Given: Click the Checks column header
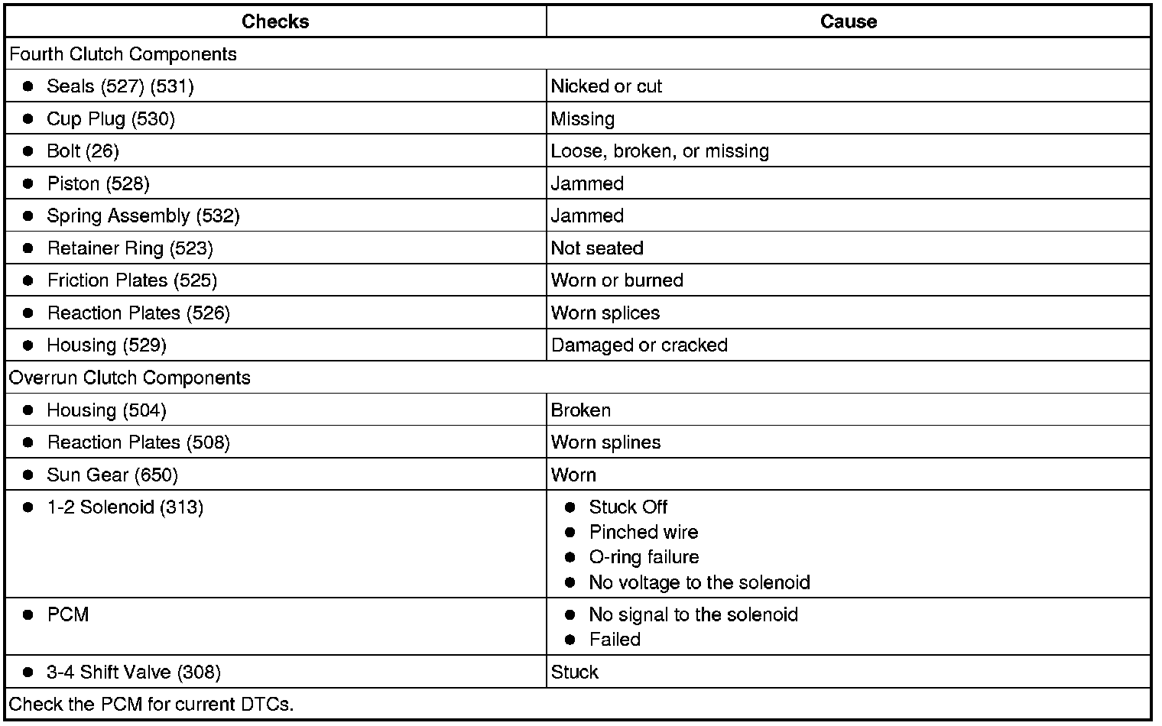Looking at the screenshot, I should (275, 21).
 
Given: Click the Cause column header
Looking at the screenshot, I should (848, 21).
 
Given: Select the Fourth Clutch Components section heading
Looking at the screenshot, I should (123, 54).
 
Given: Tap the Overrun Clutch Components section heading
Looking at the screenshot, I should (130, 378).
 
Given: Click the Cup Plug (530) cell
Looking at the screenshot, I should (111, 118).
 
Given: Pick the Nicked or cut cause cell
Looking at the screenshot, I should (606, 86).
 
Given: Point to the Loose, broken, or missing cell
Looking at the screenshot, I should (660, 151).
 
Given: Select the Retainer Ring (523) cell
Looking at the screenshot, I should (130, 248).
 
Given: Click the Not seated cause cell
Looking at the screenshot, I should (597, 248).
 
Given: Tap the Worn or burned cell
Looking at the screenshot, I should (617, 280).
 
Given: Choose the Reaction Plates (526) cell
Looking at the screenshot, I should (138, 313).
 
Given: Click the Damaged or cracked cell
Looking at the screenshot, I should (639, 345).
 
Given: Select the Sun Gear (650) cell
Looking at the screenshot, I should (112, 475).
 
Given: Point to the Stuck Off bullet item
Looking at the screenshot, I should (628, 507).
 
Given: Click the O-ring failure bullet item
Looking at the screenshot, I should (644, 557).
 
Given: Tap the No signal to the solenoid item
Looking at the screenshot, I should (693, 614).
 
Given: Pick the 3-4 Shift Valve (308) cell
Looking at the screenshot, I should (134, 672).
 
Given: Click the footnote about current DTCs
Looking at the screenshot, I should (151, 704).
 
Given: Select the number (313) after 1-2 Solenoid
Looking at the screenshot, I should (182, 507).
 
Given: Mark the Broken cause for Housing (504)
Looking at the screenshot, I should (581, 410).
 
